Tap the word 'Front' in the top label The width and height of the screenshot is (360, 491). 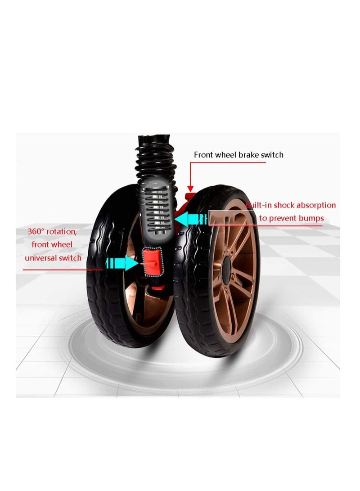point(203,155)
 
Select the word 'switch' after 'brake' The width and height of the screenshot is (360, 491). point(272,155)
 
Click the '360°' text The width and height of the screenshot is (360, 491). point(36,232)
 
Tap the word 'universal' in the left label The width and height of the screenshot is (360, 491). point(40,258)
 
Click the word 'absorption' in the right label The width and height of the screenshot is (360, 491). point(316,205)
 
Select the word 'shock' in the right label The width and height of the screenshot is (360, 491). point(284,205)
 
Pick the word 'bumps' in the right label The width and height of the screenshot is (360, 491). point(311,218)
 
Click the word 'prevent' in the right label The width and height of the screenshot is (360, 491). point(283,219)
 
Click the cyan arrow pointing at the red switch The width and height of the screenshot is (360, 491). point(122,262)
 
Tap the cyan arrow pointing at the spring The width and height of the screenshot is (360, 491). point(191,218)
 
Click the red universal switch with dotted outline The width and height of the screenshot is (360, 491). point(153,262)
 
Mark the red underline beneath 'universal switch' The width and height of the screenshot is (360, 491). point(63,270)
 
